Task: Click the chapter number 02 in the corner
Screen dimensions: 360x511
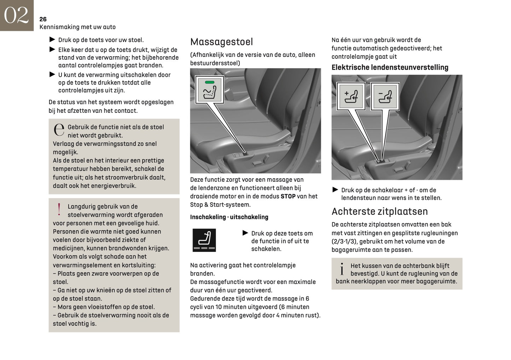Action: pyautogui.click(x=16, y=15)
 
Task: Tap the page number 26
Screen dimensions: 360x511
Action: pyautogui.click(x=43, y=19)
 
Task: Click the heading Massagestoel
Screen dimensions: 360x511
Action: pyautogui.click(x=221, y=42)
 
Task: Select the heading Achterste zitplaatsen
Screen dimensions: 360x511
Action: pyautogui.click(x=379, y=211)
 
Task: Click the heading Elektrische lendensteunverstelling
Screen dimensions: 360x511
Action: pyautogui.click(x=390, y=67)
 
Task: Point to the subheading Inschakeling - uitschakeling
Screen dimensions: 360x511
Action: pyautogui.click(x=229, y=217)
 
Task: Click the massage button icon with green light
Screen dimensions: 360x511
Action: pyautogui.click(x=209, y=90)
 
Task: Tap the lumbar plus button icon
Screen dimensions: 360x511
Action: pyautogui.click(x=351, y=96)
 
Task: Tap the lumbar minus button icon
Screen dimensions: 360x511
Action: pyautogui.click(x=385, y=96)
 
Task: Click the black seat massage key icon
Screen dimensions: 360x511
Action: pyautogui.click(x=204, y=240)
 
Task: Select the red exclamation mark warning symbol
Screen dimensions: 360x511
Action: pyautogui.click(x=59, y=209)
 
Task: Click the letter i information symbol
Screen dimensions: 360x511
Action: pyautogui.click(x=342, y=269)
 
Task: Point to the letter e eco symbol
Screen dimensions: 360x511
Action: pyautogui.click(x=59, y=130)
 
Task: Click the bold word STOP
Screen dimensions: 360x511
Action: pyautogui.click(x=288, y=196)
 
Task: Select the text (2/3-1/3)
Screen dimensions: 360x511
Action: pyautogui.click(x=344, y=241)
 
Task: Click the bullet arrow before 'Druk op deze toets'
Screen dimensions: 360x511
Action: pyautogui.click(x=245, y=233)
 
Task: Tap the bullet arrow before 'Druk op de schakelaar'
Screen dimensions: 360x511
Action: pyautogui.click(x=335, y=190)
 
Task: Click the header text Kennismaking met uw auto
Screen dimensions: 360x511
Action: pyautogui.click(x=77, y=27)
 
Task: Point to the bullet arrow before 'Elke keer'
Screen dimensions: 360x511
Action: pyautogui.click(x=52, y=50)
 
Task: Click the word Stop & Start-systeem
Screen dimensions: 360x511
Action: pyautogui.click(x=220, y=204)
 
